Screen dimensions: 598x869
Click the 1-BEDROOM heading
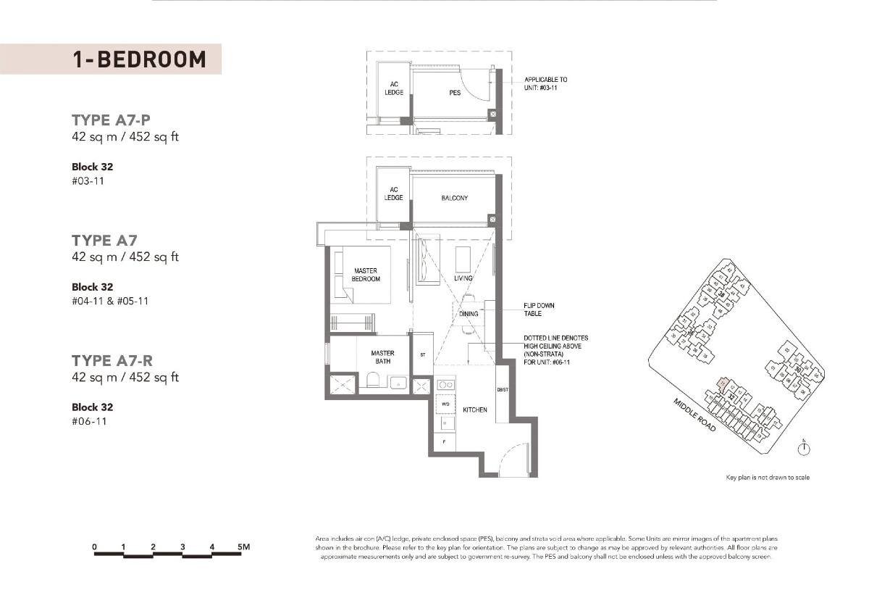pyautogui.click(x=139, y=59)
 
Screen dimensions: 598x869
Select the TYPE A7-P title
pyautogui.click(x=112, y=120)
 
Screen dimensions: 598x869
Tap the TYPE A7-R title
pyautogui.click(x=112, y=361)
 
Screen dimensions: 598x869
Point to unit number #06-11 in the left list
pyautogui.click(x=89, y=421)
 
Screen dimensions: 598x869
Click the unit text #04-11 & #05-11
pyautogui.click(x=110, y=301)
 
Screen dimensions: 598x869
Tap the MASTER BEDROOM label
pyautogui.click(x=366, y=275)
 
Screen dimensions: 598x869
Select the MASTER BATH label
pyautogui.click(x=382, y=357)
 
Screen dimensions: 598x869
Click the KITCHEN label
pyautogui.click(x=475, y=410)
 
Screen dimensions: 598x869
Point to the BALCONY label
pyautogui.click(x=454, y=198)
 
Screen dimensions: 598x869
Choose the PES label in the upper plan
pyautogui.click(x=455, y=93)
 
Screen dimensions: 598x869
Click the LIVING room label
pyautogui.click(x=463, y=278)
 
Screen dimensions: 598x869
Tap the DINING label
pyautogui.click(x=469, y=314)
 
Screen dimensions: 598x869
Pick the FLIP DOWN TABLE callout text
pyautogui.click(x=540, y=310)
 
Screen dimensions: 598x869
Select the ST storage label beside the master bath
pyautogui.click(x=423, y=355)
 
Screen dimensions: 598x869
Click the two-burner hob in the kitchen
pyautogui.click(x=445, y=385)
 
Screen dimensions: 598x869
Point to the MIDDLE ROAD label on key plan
pyautogui.click(x=695, y=415)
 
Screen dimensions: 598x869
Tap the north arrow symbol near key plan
pyautogui.click(x=802, y=449)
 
